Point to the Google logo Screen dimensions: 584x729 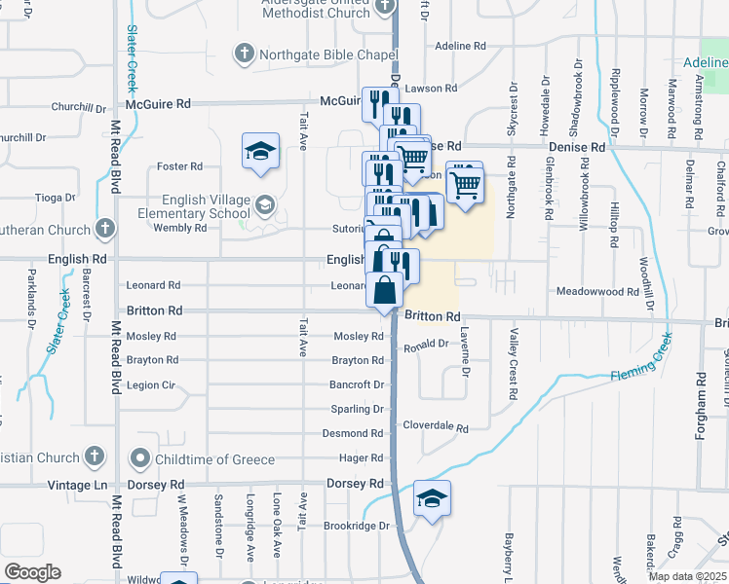[31, 572]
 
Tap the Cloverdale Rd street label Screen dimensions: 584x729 [436, 427]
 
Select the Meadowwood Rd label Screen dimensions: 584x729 [597, 291]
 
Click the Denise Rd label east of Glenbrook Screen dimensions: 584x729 [577, 147]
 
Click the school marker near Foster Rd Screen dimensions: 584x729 [260, 152]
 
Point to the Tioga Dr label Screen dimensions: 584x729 [21, 197]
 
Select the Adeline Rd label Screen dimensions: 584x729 [460, 46]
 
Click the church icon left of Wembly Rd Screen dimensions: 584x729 [105, 230]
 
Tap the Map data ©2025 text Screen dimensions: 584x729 [688, 576]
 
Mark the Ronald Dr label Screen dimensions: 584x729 [425, 345]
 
